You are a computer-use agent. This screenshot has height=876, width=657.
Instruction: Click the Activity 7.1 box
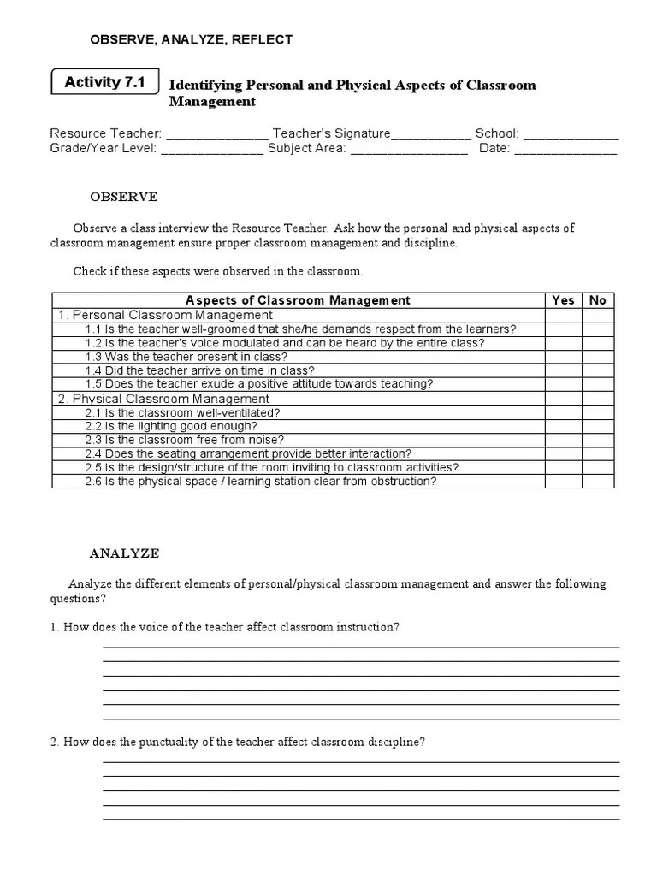point(105,83)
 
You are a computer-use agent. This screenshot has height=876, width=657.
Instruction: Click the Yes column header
point(564,300)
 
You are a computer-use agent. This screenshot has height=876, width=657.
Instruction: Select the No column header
point(598,300)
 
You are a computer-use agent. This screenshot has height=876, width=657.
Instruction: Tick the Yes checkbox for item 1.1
point(564,328)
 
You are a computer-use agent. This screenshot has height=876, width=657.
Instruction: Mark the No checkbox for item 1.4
point(598,370)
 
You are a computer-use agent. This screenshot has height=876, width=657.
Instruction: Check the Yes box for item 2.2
point(564,426)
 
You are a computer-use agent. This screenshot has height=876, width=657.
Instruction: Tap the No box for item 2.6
point(598,481)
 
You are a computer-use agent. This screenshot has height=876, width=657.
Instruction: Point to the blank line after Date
point(565,149)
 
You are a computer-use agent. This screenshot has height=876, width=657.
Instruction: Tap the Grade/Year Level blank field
point(211,149)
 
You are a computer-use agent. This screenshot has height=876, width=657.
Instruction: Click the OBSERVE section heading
point(124,197)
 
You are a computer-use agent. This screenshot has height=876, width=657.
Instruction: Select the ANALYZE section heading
point(125,553)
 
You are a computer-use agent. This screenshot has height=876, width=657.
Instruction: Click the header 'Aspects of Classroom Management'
point(298,300)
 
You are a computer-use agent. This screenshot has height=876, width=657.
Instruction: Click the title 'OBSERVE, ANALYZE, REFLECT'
point(192,39)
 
